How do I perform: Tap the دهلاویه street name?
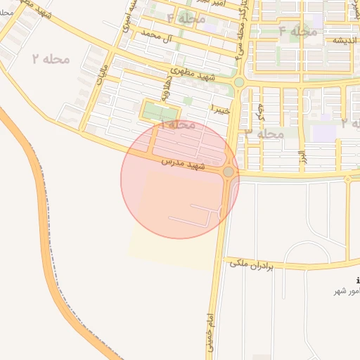click(166, 87)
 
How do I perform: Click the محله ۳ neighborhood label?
click(264, 133)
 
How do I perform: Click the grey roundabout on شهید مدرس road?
click(229, 172)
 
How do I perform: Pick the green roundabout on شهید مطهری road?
click(239, 82)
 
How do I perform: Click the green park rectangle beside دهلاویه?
click(161, 110)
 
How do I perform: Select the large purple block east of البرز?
click(324, 132)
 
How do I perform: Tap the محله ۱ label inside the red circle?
click(179, 124)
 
